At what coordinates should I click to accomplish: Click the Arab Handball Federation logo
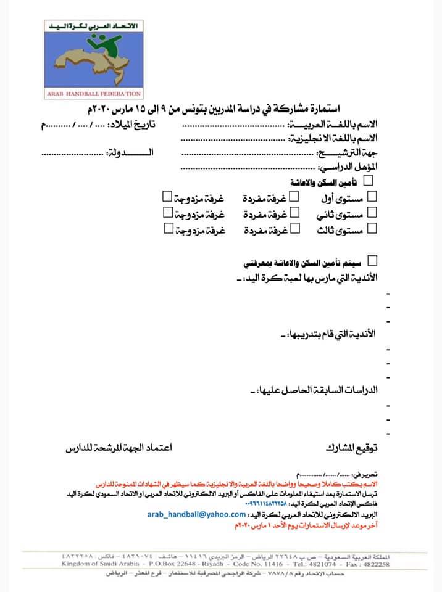(95, 59)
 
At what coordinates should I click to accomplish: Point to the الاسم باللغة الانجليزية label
(337, 138)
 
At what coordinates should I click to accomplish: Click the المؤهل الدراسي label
(349, 166)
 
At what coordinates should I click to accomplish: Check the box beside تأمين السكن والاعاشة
(370, 181)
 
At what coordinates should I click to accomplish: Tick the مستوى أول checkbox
(372, 196)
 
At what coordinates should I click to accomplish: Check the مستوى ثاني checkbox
(372, 212)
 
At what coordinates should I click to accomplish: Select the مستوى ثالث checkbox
(372, 229)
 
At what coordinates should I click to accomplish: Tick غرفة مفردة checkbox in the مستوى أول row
(294, 196)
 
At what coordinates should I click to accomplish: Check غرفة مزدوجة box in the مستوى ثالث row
(167, 229)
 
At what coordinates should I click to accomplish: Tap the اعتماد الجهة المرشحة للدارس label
(119, 448)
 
